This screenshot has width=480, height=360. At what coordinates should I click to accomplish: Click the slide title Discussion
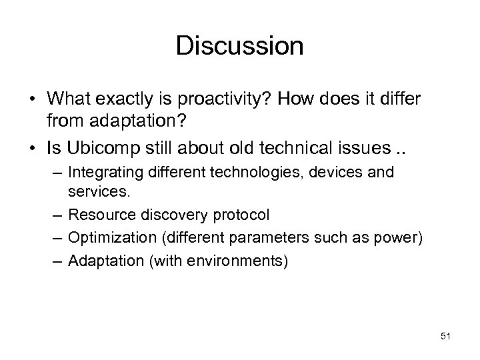click(x=240, y=46)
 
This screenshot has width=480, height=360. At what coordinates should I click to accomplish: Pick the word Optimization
click(x=105, y=238)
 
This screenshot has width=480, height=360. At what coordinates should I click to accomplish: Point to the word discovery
click(x=169, y=215)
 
